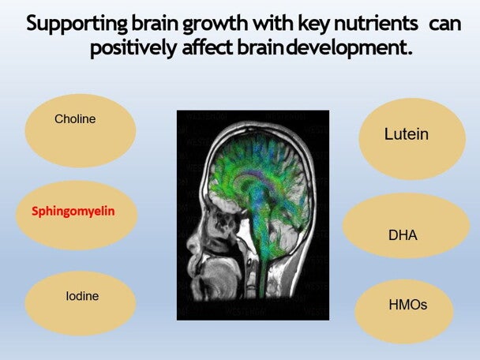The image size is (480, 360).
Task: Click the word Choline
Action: (x=75, y=119)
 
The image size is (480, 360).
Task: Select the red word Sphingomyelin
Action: (x=73, y=212)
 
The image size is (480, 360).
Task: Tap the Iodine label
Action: (x=82, y=297)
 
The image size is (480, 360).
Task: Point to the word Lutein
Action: (x=407, y=134)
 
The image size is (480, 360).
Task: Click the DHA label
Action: (x=403, y=235)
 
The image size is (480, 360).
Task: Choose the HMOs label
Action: (x=408, y=304)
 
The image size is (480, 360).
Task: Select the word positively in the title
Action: (x=132, y=48)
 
